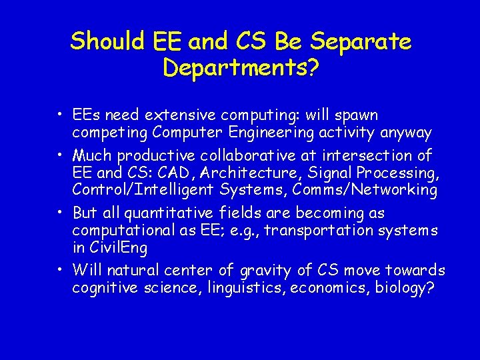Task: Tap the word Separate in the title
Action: [x=365, y=41]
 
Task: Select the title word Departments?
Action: [x=240, y=67]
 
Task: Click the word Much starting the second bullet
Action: [x=93, y=156]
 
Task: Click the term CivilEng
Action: [x=119, y=247]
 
